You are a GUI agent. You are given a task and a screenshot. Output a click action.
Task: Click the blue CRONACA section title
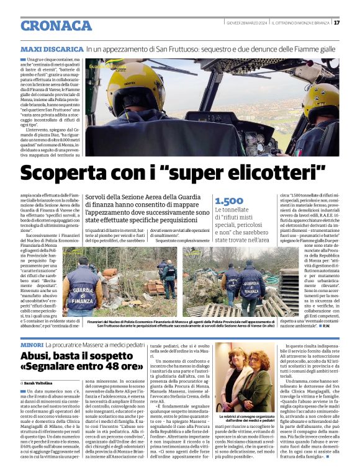click(56, 25)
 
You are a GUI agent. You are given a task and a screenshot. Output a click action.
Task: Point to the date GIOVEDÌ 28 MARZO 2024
click(247, 23)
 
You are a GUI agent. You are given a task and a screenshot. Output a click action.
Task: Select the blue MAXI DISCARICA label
click(52, 48)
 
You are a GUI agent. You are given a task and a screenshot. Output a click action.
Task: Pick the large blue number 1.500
click(229, 201)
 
